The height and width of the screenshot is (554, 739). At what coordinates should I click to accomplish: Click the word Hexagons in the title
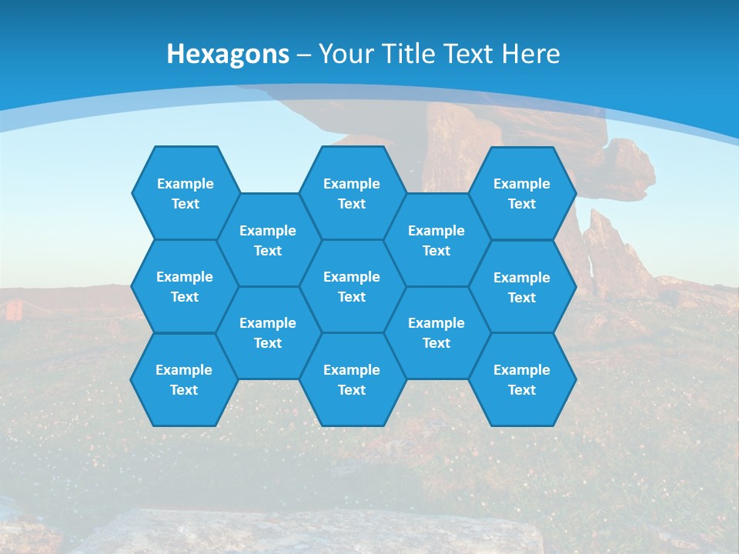(228, 54)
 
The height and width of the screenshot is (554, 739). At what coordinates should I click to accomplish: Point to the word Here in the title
(530, 54)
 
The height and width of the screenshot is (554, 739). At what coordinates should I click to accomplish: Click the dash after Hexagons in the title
(303, 55)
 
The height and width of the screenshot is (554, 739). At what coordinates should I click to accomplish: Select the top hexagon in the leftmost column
(185, 193)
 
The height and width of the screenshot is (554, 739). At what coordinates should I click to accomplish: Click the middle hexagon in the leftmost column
(185, 286)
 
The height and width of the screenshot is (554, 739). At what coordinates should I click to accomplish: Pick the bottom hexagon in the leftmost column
(184, 379)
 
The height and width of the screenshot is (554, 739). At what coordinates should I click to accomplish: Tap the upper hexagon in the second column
(268, 240)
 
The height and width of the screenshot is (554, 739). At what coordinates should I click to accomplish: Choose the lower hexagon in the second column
(268, 332)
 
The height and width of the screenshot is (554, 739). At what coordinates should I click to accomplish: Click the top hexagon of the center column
(352, 193)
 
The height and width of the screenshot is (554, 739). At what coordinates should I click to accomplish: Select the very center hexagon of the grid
(352, 286)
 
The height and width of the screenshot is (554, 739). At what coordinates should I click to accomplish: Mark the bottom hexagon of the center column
(352, 379)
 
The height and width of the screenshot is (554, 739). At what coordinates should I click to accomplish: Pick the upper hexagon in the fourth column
(436, 240)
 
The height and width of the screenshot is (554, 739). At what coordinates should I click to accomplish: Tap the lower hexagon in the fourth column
(436, 332)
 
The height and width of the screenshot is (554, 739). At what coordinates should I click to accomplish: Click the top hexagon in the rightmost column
(522, 193)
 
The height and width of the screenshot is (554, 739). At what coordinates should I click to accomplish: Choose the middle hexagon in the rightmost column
(522, 287)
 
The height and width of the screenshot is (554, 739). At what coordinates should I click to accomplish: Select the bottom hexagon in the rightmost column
(522, 379)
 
